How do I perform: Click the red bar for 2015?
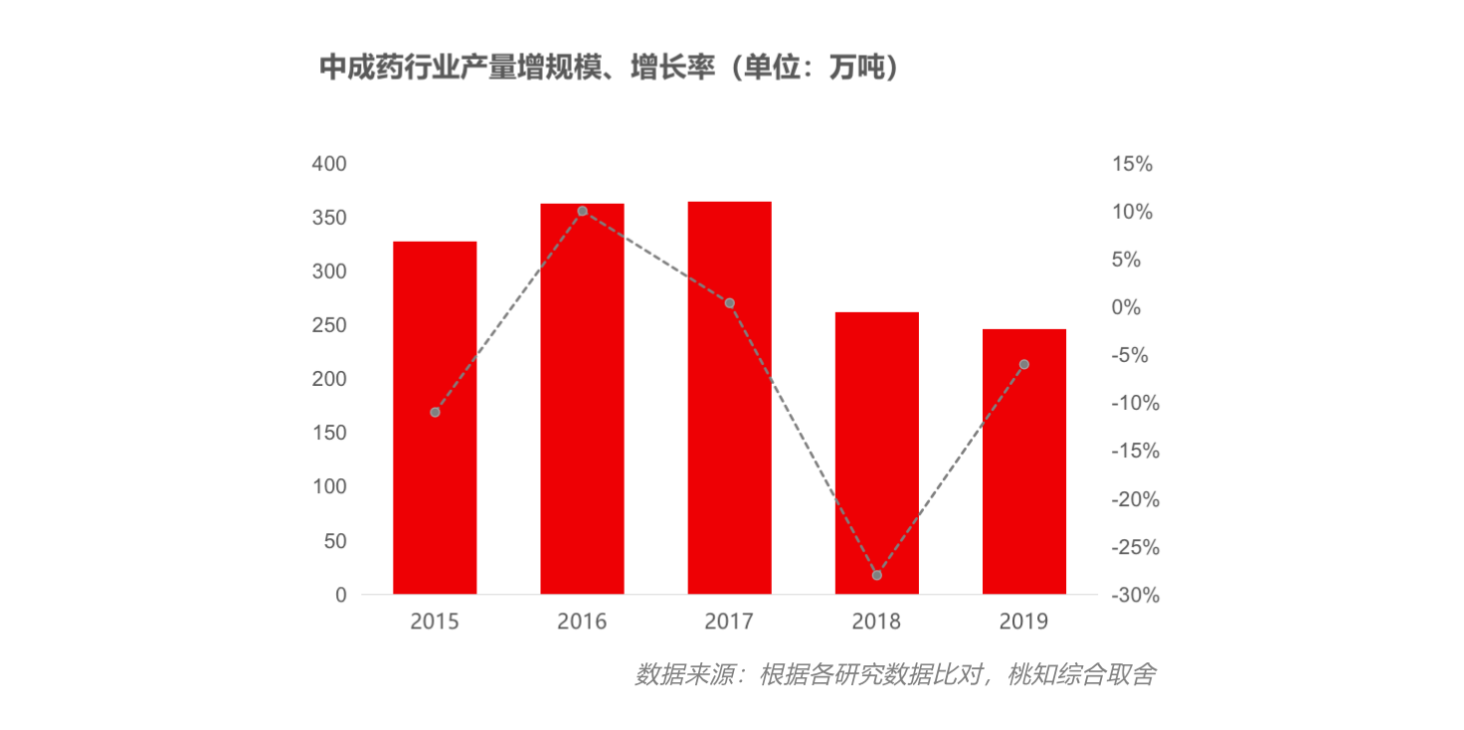(x=435, y=418)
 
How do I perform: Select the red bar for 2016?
(x=582, y=399)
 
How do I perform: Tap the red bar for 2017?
(x=729, y=398)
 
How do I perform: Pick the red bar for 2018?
(x=876, y=453)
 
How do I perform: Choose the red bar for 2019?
(x=1023, y=461)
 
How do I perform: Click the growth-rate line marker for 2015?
(x=435, y=412)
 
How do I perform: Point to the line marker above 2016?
(x=582, y=211)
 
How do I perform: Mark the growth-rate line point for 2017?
(x=729, y=303)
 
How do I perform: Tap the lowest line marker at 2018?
(x=876, y=576)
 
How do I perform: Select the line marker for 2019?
(x=1023, y=364)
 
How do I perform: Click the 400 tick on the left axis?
(x=329, y=164)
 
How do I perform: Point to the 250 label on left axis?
(x=329, y=326)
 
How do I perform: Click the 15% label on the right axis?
(x=1132, y=165)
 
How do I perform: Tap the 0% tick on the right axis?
(x=1126, y=308)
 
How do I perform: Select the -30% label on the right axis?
(x=1135, y=596)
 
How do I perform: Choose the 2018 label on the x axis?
(x=876, y=623)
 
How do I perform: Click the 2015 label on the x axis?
(x=435, y=623)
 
